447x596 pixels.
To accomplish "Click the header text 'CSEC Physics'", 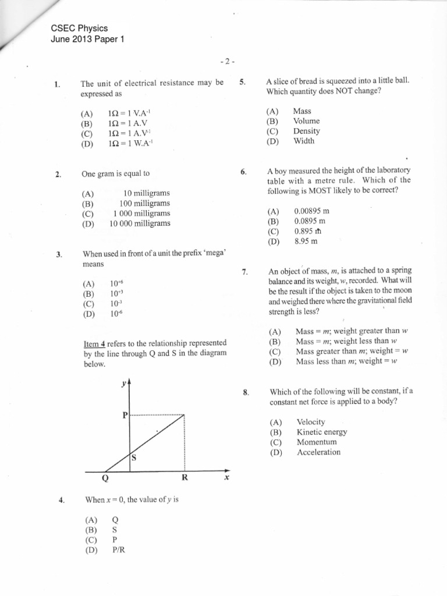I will pyautogui.click(x=79, y=29).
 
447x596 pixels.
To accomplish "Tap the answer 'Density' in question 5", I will pyautogui.click(x=306, y=131).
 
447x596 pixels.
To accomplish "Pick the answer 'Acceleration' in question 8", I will pyautogui.click(x=318, y=452).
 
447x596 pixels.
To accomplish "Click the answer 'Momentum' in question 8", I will pyautogui.click(x=316, y=442).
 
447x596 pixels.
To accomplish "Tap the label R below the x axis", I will pyautogui.click(x=185, y=478).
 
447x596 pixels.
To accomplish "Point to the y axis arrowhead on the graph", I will pyautogui.click(x=129, y=383).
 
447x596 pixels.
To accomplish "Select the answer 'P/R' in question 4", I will pyautogui.click(x=119, y=549).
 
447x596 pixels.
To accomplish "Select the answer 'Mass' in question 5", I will pyautogui.click(x=302, y=111).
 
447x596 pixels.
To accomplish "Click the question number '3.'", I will pyautogui.click(x=58, y=254).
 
